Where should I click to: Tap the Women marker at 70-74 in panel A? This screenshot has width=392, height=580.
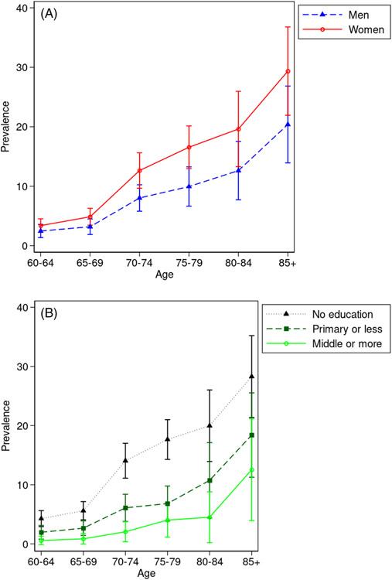click(x=140, y=170)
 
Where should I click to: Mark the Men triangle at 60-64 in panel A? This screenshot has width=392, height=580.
click(x=42, y=230)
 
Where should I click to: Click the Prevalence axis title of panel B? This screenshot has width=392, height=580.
click(x=6, y=425)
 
